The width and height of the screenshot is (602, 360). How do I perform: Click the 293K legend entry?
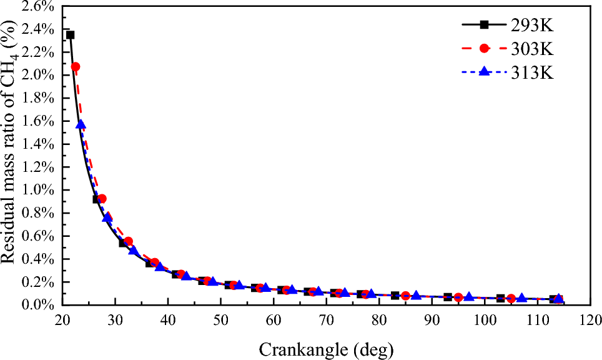(x=507, y=26)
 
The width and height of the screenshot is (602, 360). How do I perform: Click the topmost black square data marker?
(x=70, y=35)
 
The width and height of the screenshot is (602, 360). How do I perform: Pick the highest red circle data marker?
(x=76, y=67)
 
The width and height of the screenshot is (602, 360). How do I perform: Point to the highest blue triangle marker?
(x=81, y=124)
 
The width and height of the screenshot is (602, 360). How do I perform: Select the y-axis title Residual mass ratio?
(x=12, y=156)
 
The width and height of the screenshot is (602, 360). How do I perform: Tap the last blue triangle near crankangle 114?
(x=559, y=298)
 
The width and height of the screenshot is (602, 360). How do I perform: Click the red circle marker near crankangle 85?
(x=405, y=296)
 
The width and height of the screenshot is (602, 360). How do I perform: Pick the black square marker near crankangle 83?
(x=395, y=295)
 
